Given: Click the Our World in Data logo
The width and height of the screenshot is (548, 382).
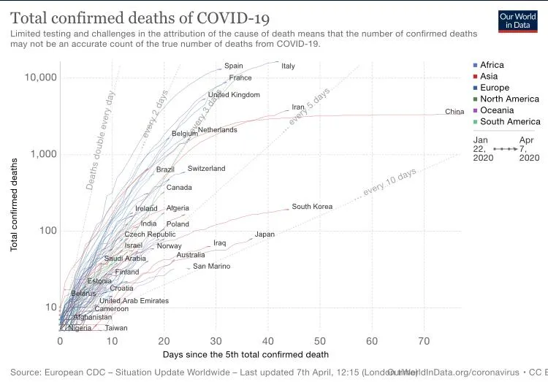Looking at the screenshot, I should pos(518,21).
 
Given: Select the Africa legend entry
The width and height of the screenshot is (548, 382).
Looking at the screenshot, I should pos(492,65).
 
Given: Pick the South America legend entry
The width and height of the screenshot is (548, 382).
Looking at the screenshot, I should pos(510,122).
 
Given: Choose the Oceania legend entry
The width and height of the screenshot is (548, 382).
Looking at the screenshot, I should pos(497,110).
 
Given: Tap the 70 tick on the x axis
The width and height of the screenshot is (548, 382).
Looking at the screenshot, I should pos(424,340).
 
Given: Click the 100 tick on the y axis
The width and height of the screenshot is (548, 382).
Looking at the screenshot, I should pos(44,231).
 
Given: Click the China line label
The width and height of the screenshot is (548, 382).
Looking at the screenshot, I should pos(454,112).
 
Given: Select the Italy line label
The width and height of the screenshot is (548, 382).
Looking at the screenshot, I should pos(288,66).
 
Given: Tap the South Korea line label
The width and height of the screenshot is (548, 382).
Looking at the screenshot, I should pos(312,207).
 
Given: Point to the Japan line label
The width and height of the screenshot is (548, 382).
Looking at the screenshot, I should pos(265,235).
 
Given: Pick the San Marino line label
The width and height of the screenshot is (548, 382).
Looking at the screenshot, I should pos(211,267).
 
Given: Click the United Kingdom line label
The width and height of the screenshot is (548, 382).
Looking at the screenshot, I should pos(234,95).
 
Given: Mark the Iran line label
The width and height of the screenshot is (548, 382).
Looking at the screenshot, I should pos(297,107).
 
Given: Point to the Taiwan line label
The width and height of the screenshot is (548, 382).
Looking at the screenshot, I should pos(116,328).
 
